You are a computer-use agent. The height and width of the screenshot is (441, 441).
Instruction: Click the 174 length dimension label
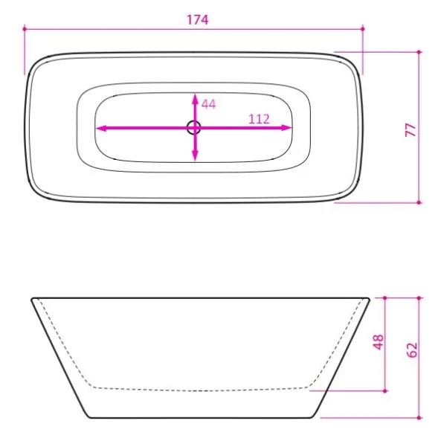click(198, 20)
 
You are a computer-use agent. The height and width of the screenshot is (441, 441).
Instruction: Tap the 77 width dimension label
click(411, 129)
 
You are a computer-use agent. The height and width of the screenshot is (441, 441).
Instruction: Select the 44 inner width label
click(209, 104)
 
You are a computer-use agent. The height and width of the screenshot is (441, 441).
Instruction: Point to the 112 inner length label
click(259, 119)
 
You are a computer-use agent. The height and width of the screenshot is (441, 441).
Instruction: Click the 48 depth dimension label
click(379, 342)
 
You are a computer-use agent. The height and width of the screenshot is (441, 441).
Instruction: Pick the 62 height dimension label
click(412, 350)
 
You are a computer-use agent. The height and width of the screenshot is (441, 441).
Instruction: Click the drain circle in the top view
click(194, 127)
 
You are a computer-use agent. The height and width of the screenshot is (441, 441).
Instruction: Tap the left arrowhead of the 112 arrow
click(101, 128)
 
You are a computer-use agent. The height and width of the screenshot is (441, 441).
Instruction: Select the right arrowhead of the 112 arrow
click(286, 128)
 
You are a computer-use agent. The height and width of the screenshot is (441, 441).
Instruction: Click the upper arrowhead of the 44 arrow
click(195, 99)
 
